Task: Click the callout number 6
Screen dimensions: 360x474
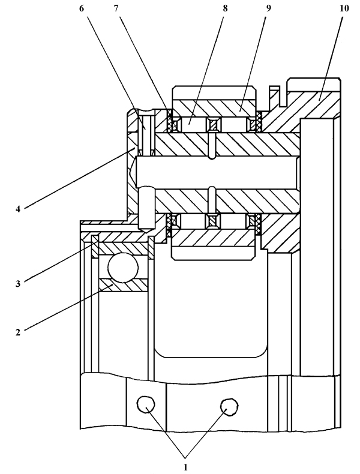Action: [82, 8]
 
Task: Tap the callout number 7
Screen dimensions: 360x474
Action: [116, 8]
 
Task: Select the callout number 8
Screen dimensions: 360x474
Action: [225, 8]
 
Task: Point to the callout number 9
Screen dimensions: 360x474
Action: [268, 8]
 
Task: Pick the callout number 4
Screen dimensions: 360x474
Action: [18, 209]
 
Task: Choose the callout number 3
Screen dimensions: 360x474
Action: [18, 284]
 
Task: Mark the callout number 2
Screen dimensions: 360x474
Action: [18, 332]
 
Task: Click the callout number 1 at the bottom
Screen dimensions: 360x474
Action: [185, 467]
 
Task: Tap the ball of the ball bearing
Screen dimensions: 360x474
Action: [123, 267]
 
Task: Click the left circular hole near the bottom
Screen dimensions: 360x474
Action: [146, 404]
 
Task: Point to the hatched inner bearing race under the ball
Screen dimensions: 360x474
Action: [123, 285]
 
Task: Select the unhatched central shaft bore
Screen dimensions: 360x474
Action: [217, 173]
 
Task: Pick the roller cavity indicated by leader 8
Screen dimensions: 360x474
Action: [193, 125]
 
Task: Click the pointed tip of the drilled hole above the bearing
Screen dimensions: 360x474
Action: [146, 233]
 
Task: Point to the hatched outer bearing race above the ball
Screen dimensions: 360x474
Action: [123, 248]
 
